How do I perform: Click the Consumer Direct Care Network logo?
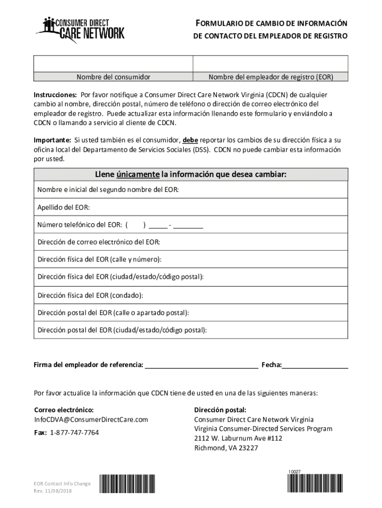click(x=79, y=29)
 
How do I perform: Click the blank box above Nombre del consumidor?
click(x=113, y=64)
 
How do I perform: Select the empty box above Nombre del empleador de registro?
click(x=270, y=64)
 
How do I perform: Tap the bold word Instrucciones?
click(x=55, y=95)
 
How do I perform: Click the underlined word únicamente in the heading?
click(x=138, y=175)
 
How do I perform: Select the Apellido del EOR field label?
click(x=64, y=207)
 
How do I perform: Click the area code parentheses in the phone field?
click(x=135, y=225)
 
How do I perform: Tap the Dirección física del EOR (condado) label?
click(x=90, y=296)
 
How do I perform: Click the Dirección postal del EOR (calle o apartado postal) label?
click(x=113, y=313)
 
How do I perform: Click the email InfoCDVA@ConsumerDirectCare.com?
click(x=91, y=420)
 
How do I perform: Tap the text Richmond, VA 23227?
click(x=226, y=448)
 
